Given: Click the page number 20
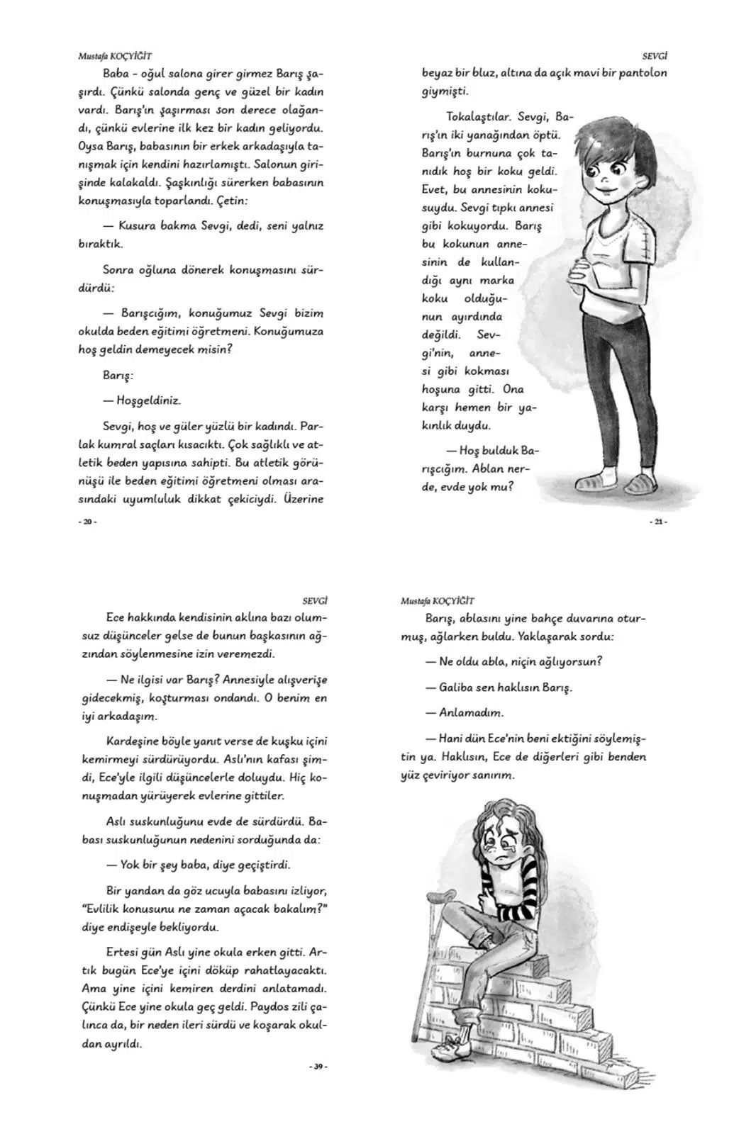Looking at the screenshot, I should pos(88,522).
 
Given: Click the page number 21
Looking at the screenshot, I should pos(658,522).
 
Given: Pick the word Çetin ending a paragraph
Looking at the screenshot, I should pos(232,201).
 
